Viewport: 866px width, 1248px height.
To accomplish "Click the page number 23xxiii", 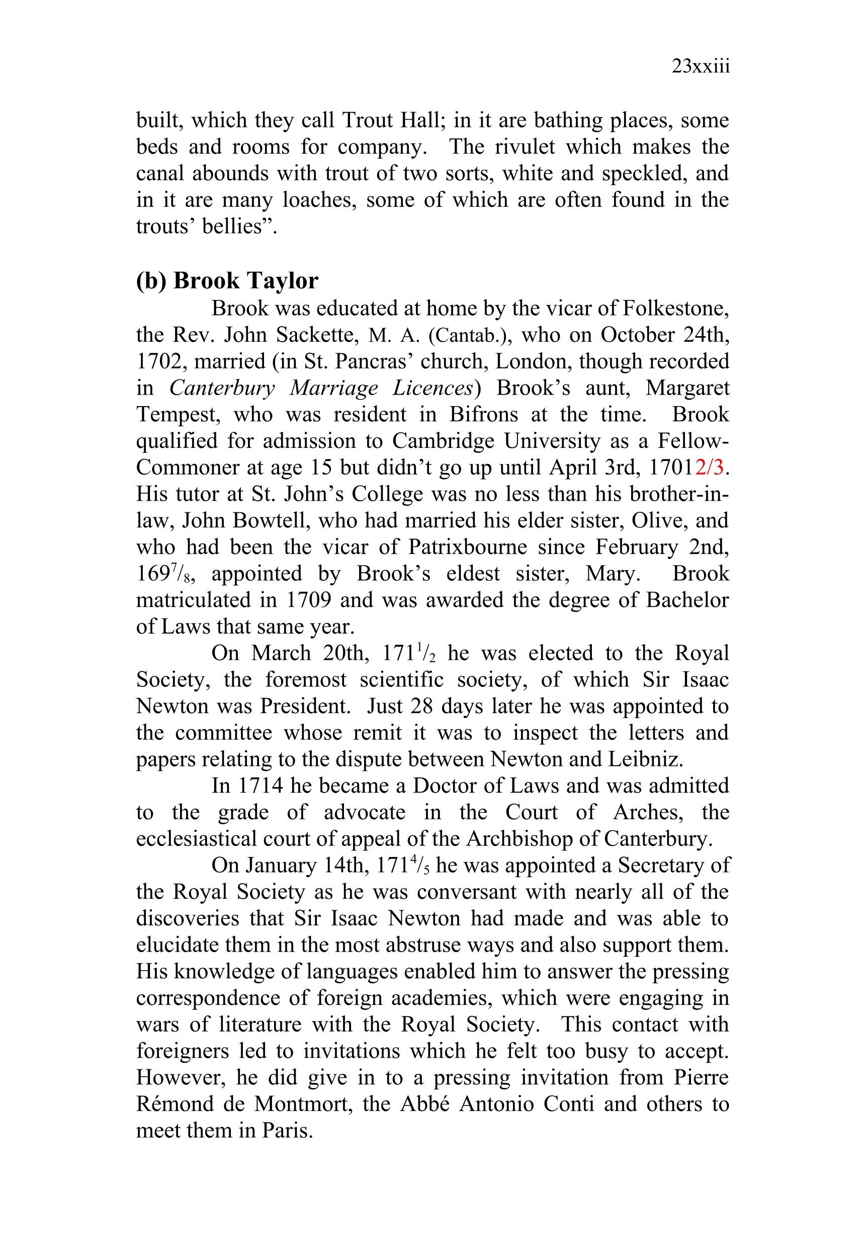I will [x=701, y=66].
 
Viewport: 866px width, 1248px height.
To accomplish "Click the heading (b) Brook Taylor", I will [x=227, y=281].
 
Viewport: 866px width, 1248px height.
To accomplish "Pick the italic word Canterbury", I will [x=222, y=388].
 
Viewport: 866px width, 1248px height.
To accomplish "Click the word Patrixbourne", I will [x=467, y=547].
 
